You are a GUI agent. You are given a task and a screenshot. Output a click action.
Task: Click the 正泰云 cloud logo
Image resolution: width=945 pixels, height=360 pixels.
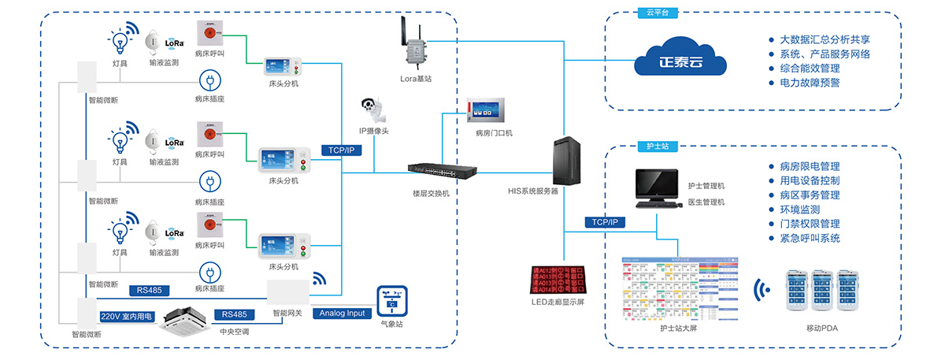(682, 59)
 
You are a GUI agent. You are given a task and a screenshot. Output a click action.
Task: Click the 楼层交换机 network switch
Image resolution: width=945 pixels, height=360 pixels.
(428, 169)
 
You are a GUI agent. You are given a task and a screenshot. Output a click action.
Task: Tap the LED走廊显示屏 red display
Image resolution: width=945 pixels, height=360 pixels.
(558, 277)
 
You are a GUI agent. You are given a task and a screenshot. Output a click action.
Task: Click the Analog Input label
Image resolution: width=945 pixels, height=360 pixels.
(343, 314)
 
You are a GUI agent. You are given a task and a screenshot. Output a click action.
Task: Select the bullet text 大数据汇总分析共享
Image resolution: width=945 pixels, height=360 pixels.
(825, 39)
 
